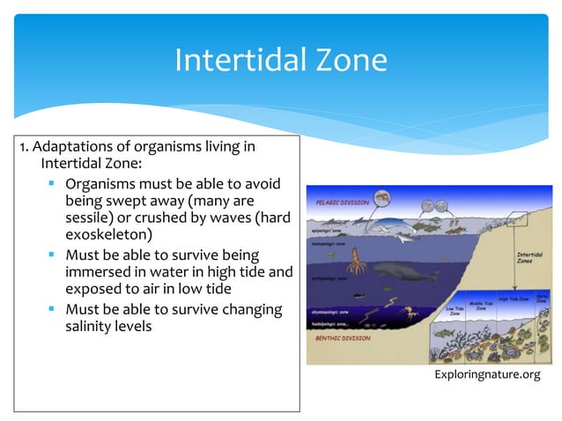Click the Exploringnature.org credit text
(487, 376)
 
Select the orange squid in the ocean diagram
(357, 262)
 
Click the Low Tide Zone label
(455, 311)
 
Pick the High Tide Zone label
(513, 299)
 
